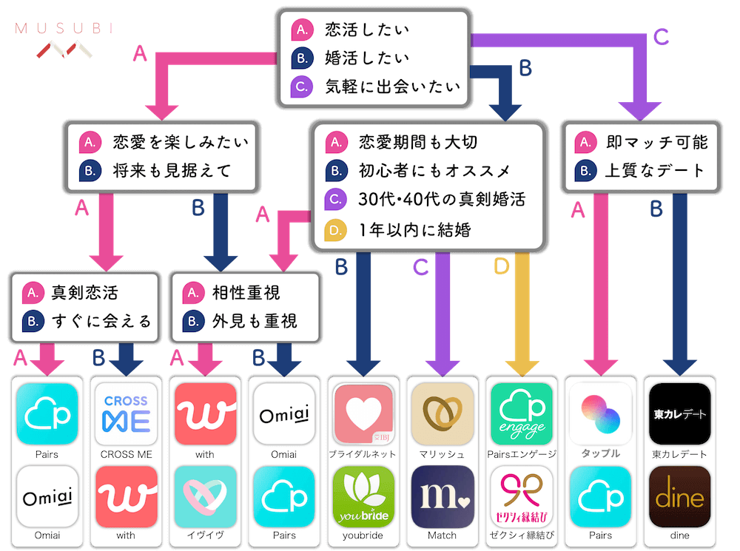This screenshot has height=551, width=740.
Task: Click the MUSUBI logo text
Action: point(64,29)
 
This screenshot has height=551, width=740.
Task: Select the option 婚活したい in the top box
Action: point(366,58)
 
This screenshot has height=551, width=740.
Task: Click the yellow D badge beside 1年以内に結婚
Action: point(335,230)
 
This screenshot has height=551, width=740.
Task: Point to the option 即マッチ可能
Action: point(656,142)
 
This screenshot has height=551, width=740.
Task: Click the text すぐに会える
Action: point(101,320)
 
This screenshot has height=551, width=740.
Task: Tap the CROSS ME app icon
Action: point(126,414)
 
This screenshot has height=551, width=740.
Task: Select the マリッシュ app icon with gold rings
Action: point(443,414)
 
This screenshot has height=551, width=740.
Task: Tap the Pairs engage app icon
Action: point(522,414)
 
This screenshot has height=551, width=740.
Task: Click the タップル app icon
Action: point(600,414)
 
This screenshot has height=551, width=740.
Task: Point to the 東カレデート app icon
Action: point(679,414)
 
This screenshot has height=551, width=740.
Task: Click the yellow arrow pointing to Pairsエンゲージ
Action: point(522,318)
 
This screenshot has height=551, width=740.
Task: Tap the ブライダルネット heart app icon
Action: point(363,414)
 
